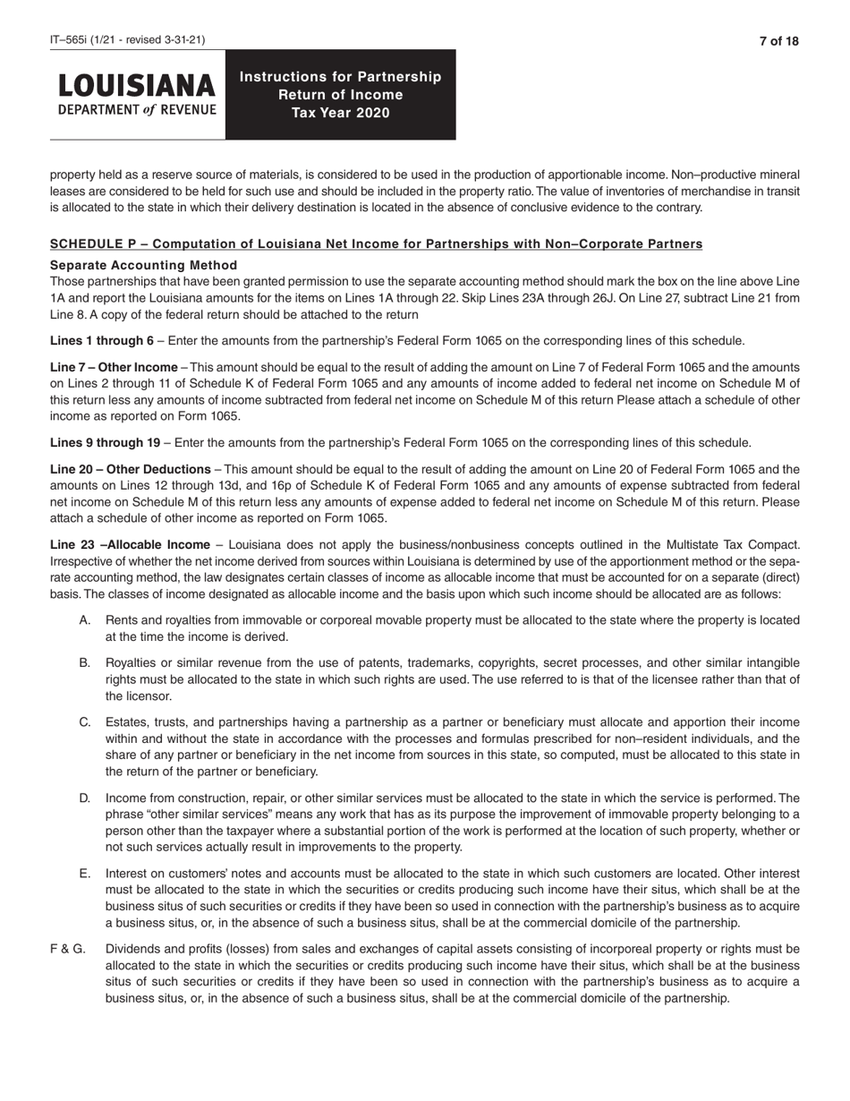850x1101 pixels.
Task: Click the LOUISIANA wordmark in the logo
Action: pyautogui.click(x=137, y=86)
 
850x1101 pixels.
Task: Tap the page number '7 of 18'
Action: pyautogui.click(x=778, y=41)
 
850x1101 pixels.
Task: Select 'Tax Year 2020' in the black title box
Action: pyautogui.click(x=340, y=113)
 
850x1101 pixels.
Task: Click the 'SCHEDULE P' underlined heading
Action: pyautogui.click(x=376, y=244)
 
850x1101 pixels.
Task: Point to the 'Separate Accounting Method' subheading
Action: pyautogui.click(x=143, y=265)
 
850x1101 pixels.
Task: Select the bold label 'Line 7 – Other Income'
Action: pyautogui.click(x=114, y=368)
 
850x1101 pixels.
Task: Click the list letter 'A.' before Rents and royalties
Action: pyautogui.click(x=85, y=620)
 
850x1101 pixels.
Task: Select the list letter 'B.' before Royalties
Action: pyautogui.click(x=85, y=663)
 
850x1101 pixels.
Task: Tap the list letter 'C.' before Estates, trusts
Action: pyautogui.click(x=85, y=722)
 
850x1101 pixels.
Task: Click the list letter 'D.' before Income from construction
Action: pyautogui.click(x=85, y=798)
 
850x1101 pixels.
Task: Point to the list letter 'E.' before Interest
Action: pyautogui.click(x=85, y=873)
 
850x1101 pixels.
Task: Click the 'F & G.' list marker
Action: pyautogui.click(x=68, y=949)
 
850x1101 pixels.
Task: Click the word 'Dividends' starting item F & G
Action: pyautogui.click(x=132, y=949)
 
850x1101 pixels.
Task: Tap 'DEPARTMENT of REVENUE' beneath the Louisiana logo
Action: pyautogui.click(x=137, y=110)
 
